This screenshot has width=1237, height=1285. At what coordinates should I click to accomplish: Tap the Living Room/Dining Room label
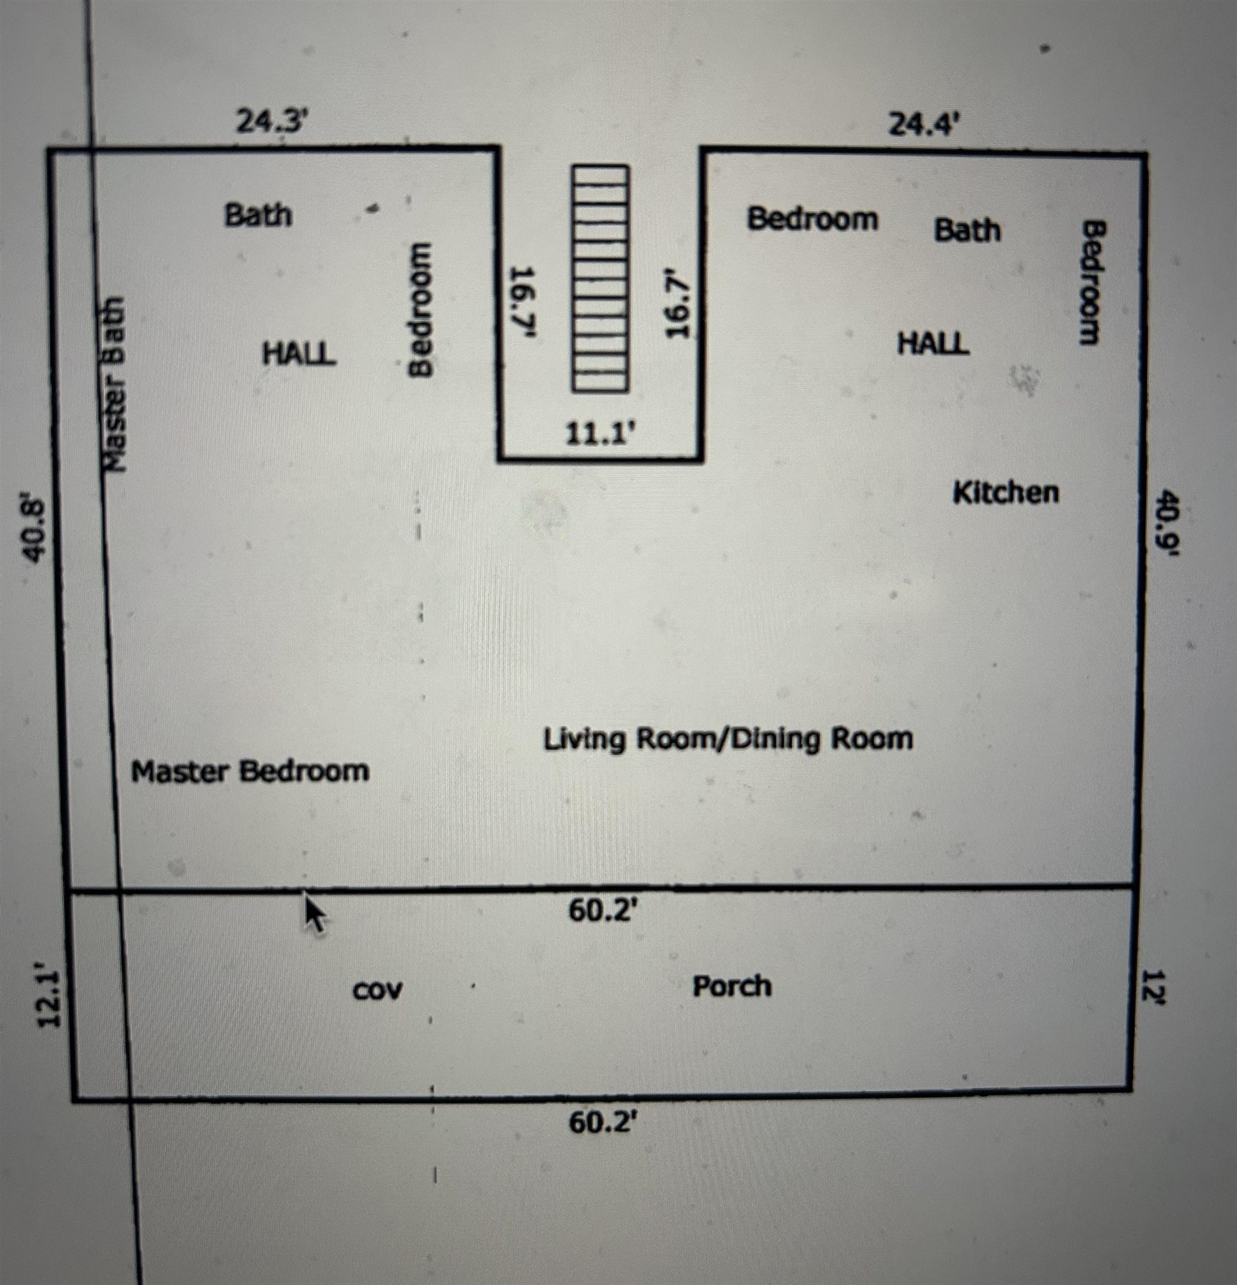click(x=728, y=740)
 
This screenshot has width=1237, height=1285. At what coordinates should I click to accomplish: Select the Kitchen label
click(x=1005, y=492)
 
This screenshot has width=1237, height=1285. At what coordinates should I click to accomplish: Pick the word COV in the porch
click(x=377, y=991)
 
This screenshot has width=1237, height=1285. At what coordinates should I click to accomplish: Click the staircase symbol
click(x=599, y=279)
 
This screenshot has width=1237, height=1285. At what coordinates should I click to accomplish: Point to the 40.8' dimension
click(x=34, y=530)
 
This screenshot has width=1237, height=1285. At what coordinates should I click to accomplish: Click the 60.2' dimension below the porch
click(x=603, y=1122)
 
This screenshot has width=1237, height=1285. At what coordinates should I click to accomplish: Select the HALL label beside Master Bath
click(x=299, y=355)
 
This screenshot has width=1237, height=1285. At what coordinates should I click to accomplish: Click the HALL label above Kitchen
click(x=933, y=344)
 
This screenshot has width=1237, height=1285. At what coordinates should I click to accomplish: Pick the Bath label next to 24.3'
click(x=258, y=215)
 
